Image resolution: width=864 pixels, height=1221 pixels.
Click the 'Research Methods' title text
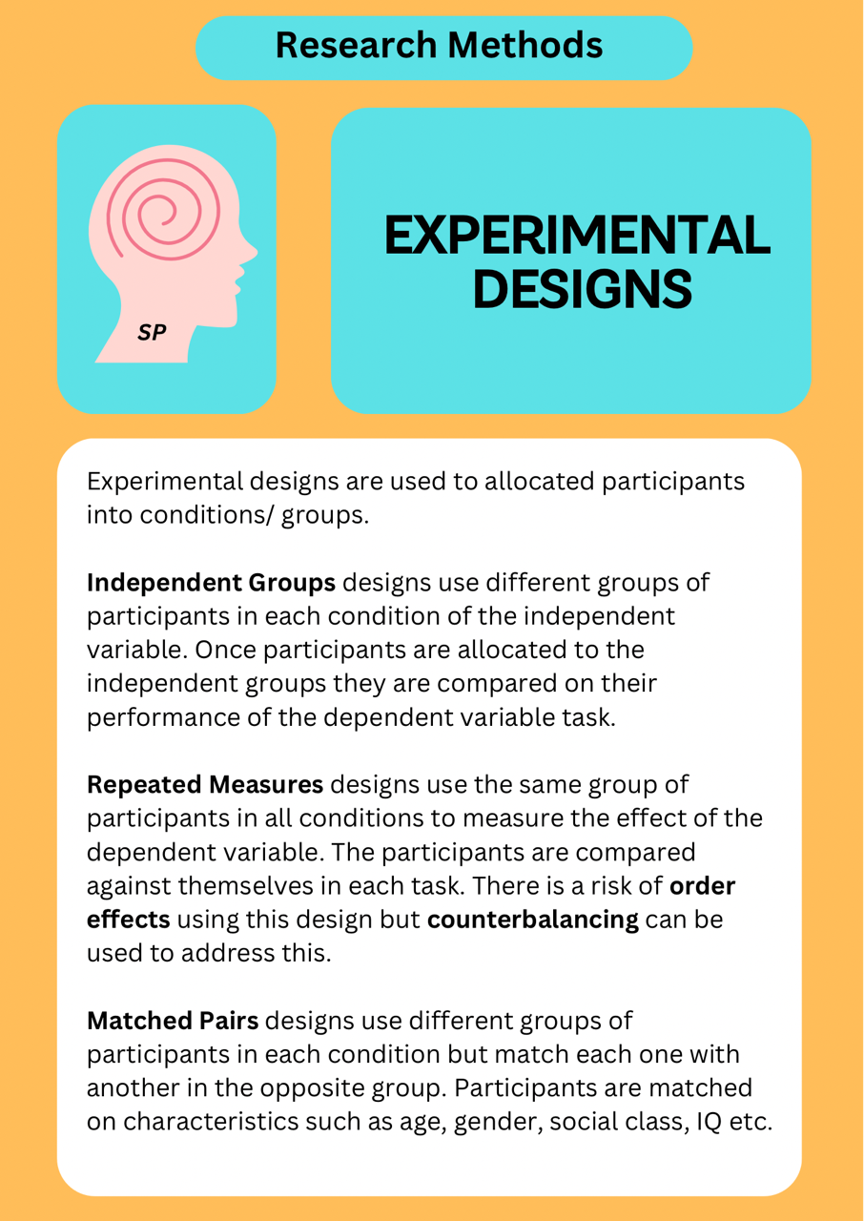(439, 45)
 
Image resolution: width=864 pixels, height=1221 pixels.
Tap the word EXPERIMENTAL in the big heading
(578, 235)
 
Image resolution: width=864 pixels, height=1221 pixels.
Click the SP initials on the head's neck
(152, 332)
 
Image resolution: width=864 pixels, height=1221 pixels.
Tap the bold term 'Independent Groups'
(212, 582)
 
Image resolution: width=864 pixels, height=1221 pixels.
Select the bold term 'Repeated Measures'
(205, 784)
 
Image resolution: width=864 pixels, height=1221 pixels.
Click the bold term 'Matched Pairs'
(173, 1021)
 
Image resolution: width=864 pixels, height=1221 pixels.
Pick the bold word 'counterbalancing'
(533, 920)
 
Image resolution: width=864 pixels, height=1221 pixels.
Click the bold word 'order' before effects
(702, 886)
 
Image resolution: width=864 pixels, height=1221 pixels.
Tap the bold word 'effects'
(129, 919)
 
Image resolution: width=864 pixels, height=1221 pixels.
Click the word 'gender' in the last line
(498, 1123)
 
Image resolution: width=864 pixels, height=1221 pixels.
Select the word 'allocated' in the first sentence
(540, 482)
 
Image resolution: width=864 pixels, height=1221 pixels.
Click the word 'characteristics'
(211, 1122)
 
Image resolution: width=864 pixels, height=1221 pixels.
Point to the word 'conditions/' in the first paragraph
(205, 515)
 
